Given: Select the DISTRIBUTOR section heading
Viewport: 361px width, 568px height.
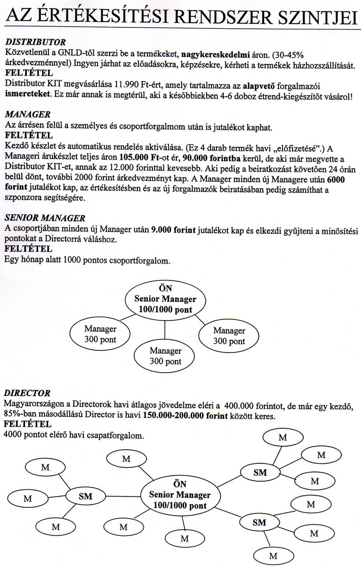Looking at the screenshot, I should tap(35, 42).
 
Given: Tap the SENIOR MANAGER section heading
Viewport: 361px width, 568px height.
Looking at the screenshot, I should tap(45, 218).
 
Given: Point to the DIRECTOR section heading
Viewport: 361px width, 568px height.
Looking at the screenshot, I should tap(27, 393).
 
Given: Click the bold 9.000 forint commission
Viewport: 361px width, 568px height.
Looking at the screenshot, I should tap(174, 230).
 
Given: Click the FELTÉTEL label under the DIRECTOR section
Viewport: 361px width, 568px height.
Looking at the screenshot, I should tap(27, 424).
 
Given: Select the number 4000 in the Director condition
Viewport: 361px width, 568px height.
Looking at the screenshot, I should tap(13, 435).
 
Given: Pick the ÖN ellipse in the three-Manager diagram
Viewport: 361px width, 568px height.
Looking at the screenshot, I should tap(165, 299).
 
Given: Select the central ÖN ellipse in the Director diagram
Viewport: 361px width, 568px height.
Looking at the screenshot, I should tap(180, 495).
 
